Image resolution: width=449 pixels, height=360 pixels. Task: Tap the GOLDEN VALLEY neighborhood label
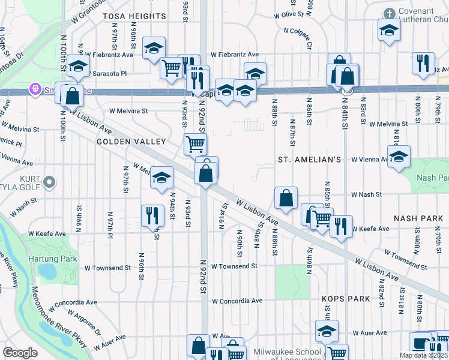[131, 142]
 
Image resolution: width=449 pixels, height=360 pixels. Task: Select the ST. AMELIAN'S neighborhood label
[310, 160]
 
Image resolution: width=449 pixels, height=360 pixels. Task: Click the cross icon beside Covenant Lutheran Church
[390, 13]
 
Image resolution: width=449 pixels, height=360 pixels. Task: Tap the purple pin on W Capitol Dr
[36, 90]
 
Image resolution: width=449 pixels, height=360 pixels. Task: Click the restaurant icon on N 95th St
[152, 215]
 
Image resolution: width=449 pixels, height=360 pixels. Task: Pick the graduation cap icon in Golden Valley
[161, 177]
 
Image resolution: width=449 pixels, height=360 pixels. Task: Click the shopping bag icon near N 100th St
[72, 95]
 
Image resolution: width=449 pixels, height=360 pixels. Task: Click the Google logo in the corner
[20, 352]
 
